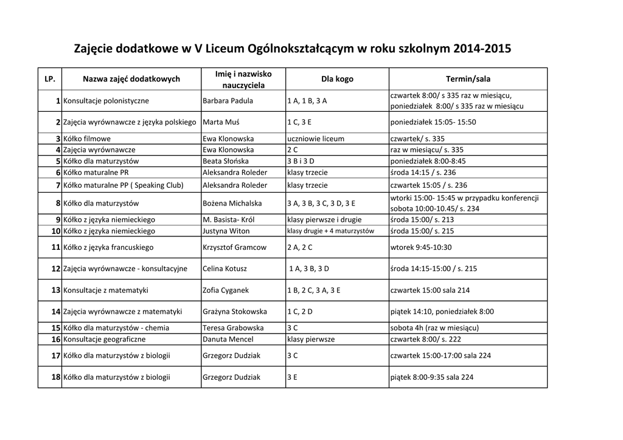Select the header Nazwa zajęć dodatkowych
pos(131,79)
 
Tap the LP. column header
pos(50,79)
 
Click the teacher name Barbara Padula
pos(228,101)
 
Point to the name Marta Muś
pos(221,122)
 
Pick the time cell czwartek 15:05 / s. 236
pos(428,185)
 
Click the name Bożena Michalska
pos(232,203)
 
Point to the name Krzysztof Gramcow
pos(234,247)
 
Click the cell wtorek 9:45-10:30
pos(420,247)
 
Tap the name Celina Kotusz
pos(225,269)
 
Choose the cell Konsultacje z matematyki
pos(106,290)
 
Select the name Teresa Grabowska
pos(233,328)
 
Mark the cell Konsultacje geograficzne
pos(104,339)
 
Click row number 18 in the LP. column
pos(55,377)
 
